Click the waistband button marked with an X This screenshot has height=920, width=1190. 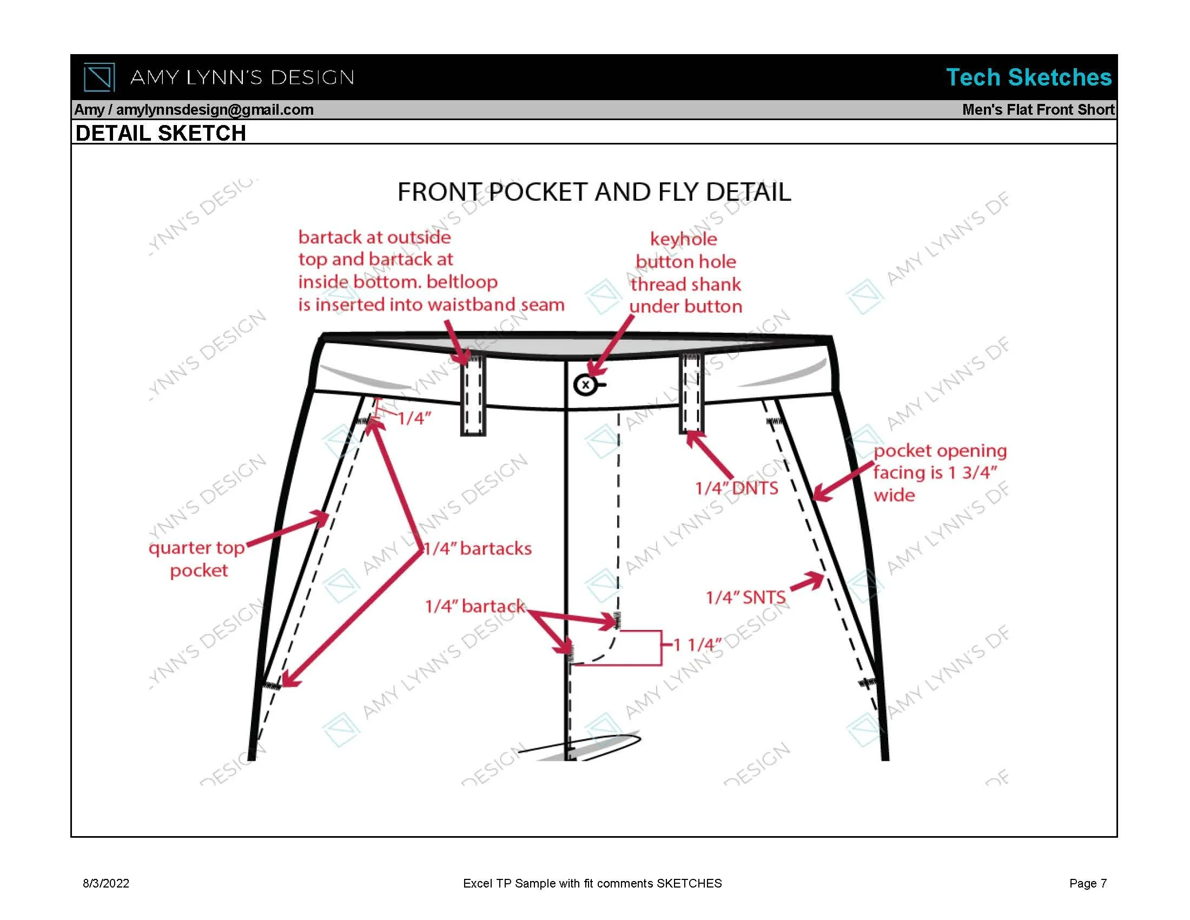tap(586, 385)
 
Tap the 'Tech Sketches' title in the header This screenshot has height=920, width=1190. tap(1028, 77)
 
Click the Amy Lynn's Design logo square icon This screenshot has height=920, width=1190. tap(99, 77)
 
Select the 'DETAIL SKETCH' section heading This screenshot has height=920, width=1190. tap(161, 133)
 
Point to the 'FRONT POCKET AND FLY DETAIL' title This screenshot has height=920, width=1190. tap(594, 192)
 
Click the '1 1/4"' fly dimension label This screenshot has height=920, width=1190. tap(697, 645)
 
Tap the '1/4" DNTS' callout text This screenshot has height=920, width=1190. tap(737, 488)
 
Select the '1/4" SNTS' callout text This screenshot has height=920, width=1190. tap(745, 597)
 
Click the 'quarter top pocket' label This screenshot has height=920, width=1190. tap(197, 558)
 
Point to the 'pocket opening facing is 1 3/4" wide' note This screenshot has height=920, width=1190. tap(940, 472)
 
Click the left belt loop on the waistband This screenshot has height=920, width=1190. tap(473, 395)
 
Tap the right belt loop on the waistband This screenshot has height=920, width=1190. tap(691, 393)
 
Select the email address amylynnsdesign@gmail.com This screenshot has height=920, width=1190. tap(215, 109)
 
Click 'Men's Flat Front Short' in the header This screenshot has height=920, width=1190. tap(1038, 109)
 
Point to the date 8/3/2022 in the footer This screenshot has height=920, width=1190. tap(106, 884)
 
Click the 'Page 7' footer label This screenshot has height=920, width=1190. tap(1088, 884)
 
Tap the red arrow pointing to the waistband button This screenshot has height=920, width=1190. tap(611, 346)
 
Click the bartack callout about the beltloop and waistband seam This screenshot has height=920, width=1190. tap(431, 271)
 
